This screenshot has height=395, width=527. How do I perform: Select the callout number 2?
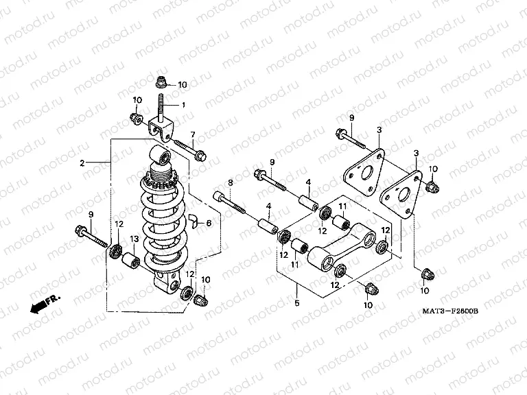coord(82,163)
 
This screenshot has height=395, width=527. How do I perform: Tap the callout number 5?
coord(297,301)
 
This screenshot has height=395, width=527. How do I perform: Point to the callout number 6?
coord(209,224)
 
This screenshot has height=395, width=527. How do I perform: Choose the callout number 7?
coord(193,134)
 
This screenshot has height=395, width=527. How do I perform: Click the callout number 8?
coord(231,182)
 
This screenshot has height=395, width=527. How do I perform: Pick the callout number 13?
coord(134,239)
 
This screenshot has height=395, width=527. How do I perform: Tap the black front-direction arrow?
coord(40,306)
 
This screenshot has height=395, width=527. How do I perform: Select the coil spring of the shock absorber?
coord(163,219)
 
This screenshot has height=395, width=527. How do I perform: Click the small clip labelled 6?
coord(194,221)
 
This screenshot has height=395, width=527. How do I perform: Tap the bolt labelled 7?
coord(190,150)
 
